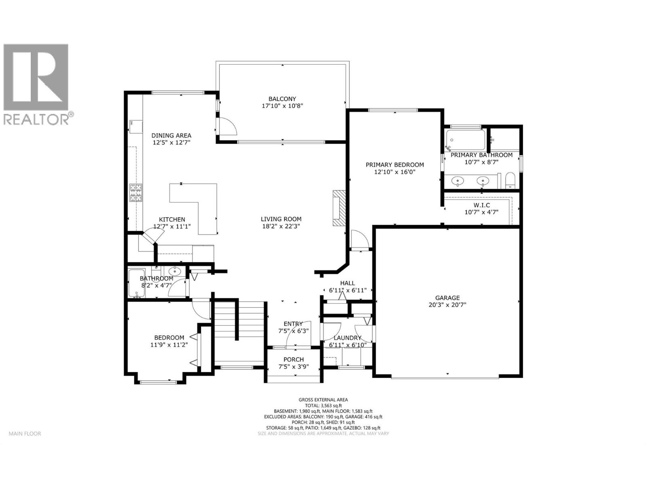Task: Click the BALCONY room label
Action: coord(282,99)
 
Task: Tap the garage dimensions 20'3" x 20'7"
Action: coord(447,305)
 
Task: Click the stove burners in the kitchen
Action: coord(136,193)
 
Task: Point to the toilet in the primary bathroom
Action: coord(510,180)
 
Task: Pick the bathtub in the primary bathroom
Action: coord(465,139)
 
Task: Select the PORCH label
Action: coord(294,359)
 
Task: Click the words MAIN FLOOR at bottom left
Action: coord(25,434)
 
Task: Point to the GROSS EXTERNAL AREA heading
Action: coord(323,400)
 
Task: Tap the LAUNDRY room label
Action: coord(347,338)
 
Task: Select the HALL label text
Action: coord(347,283)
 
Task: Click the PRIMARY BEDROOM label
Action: coord(395,164)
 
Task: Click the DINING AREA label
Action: coord(171,135)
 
